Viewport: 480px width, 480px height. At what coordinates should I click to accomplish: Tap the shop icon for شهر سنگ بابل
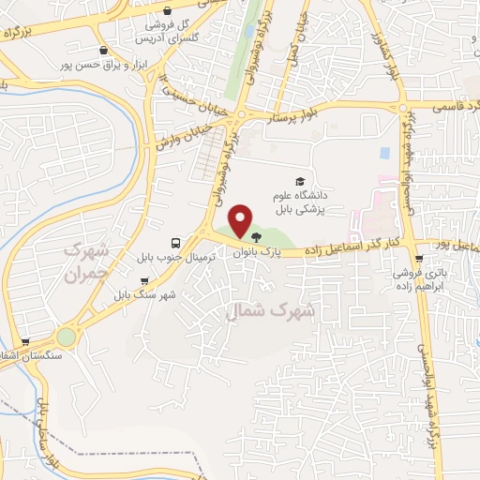point(142,280)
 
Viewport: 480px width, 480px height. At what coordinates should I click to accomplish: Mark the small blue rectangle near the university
point(384,152)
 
